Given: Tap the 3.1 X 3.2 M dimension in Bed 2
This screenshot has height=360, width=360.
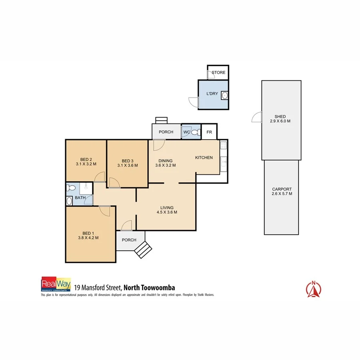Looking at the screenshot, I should [86, 164].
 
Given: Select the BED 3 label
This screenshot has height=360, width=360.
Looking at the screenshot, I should [127, 161].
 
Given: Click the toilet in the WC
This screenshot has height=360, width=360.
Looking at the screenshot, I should [196, 132].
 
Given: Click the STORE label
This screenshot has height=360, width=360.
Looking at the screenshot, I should [218, 72].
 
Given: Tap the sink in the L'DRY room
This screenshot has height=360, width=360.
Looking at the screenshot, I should [224, 95].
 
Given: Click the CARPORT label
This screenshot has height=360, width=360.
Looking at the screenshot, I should [282, 189].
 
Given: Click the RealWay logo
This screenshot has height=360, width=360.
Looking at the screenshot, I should [56, 284].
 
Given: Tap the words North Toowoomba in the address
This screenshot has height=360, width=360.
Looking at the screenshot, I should [149, 287].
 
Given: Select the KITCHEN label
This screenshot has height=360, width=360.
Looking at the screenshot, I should [204, 158].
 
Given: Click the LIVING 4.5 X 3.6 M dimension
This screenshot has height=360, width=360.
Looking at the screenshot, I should [167, 212].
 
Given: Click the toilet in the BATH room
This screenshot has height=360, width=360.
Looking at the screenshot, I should [72, 188].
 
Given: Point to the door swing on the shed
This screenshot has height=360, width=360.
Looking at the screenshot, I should [256, 118].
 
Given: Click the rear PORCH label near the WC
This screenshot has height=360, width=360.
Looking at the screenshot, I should [166, 132].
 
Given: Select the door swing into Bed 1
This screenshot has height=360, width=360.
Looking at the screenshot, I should [105, 210].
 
